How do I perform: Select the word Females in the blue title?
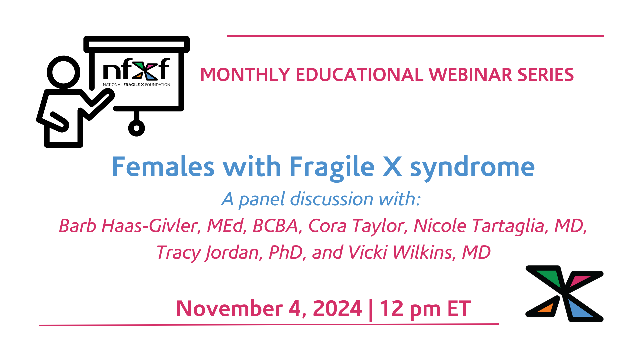(163, 167)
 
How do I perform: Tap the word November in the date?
(229, 308)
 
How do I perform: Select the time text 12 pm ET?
(425, 308)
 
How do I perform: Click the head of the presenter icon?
(63, 72)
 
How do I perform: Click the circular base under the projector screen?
(136, 128)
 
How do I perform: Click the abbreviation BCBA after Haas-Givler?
(275, 226)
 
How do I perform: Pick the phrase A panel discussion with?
(321, 199)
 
